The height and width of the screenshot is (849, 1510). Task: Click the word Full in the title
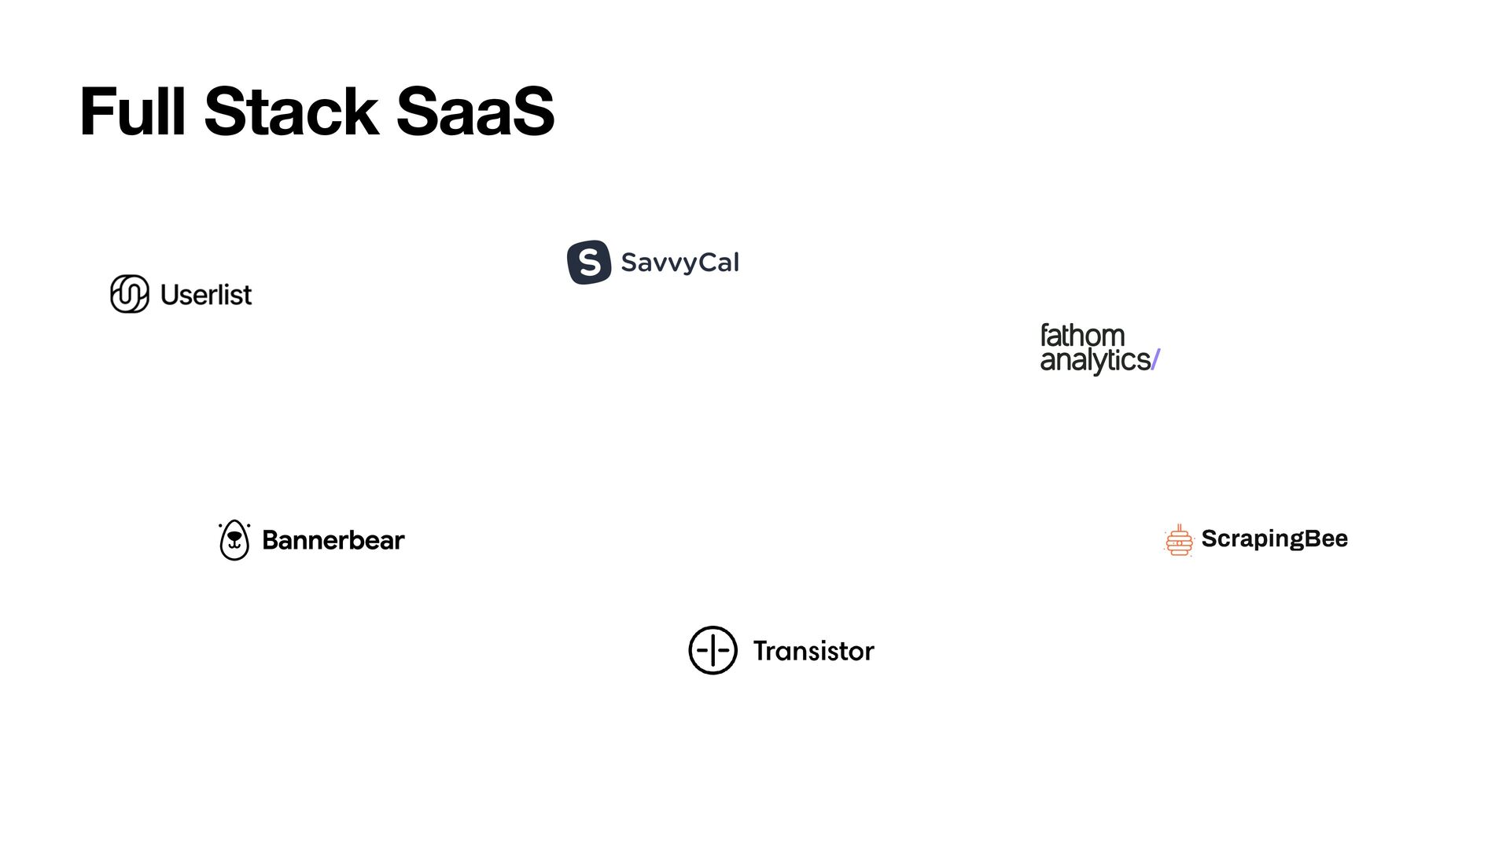(132, 112)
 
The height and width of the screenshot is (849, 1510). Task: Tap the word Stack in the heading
(291, 112)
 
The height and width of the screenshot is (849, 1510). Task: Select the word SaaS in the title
(475, 112)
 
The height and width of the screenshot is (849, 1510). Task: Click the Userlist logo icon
(130, 294)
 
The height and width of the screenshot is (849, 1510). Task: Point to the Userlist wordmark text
(206, 295)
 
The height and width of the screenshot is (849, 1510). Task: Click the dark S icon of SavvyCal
(589, 262)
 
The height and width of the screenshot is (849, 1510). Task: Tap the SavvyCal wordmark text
(679, 263)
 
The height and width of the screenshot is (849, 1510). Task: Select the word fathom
(1082, 336)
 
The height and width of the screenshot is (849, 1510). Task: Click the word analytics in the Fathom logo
(1095, 360)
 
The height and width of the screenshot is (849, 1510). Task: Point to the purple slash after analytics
(1155, 360)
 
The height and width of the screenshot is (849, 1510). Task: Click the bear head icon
(234, 540)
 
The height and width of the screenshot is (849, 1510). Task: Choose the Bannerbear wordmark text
(333, 541)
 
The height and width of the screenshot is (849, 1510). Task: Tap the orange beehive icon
(1179, 541)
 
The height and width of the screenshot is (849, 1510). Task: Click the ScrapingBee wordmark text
(1274, 538)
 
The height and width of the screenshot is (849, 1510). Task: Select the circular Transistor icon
(713, 650)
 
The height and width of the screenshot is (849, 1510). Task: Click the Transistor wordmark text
(813, 651)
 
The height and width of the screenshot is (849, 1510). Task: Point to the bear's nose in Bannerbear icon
(234, 537)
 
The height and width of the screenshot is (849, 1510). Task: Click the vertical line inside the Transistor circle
(713, 650)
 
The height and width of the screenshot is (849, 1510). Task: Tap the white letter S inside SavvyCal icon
(589, 263)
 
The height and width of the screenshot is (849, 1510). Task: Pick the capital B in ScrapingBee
(1312, 538)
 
